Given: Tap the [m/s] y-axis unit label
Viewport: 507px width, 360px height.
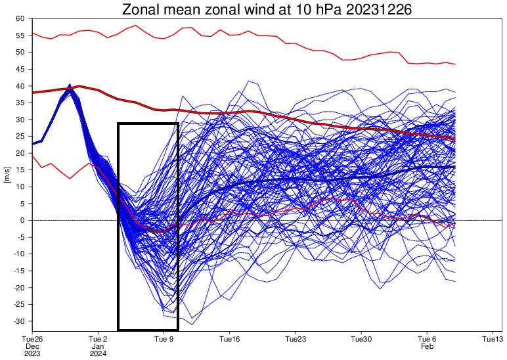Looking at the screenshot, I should (7, 175).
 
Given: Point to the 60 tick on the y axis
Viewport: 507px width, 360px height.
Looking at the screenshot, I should (20, 18).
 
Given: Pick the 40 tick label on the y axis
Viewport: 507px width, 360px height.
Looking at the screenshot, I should (20, 86).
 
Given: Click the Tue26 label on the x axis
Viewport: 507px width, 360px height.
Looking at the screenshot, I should (33, 340).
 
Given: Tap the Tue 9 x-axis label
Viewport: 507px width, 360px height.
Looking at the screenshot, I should (164, 340).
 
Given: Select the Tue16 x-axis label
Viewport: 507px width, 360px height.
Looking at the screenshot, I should (230, 340).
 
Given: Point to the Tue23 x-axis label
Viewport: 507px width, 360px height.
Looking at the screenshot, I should (296, 340).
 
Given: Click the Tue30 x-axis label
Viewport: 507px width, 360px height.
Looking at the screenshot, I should (362, 340).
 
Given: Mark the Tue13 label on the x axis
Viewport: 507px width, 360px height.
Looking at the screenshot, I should (494, 340).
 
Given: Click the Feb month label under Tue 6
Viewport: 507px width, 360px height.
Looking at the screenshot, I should (428, 346).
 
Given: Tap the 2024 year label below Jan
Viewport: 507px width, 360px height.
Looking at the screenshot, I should (98, 354).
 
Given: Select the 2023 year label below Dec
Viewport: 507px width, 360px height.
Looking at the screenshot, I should (33, 354).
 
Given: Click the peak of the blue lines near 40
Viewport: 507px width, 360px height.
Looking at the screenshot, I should (70, 85).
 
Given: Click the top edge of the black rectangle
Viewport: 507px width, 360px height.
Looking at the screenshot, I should (148, 124).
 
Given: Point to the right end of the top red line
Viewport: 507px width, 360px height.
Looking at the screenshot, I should (455, 64).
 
